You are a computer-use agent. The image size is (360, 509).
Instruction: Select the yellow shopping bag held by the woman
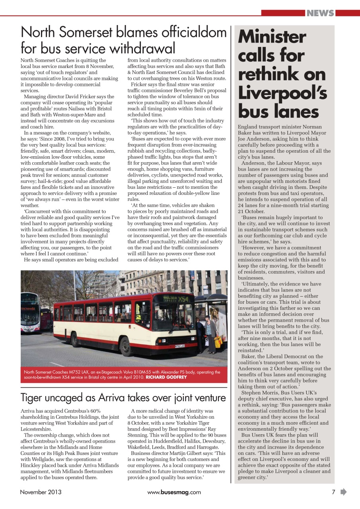click(x=218, y=342)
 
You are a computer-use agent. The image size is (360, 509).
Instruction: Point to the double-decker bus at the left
click(x=30, y=312)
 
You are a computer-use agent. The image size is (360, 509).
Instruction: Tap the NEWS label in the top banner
click(x=320, y=13)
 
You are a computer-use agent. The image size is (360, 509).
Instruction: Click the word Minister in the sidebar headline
click(x=272, y=37)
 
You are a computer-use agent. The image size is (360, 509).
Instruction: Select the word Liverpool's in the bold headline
click(x=282, y=93)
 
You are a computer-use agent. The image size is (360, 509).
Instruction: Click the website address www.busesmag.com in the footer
click(x=174, y=492)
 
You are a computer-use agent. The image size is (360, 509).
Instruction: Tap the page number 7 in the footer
click(x=333, y=492)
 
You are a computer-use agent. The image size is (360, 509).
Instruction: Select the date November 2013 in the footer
click(x=41, y=492)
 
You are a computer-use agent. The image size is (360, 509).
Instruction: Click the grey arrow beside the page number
click(x=343, y=492)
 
